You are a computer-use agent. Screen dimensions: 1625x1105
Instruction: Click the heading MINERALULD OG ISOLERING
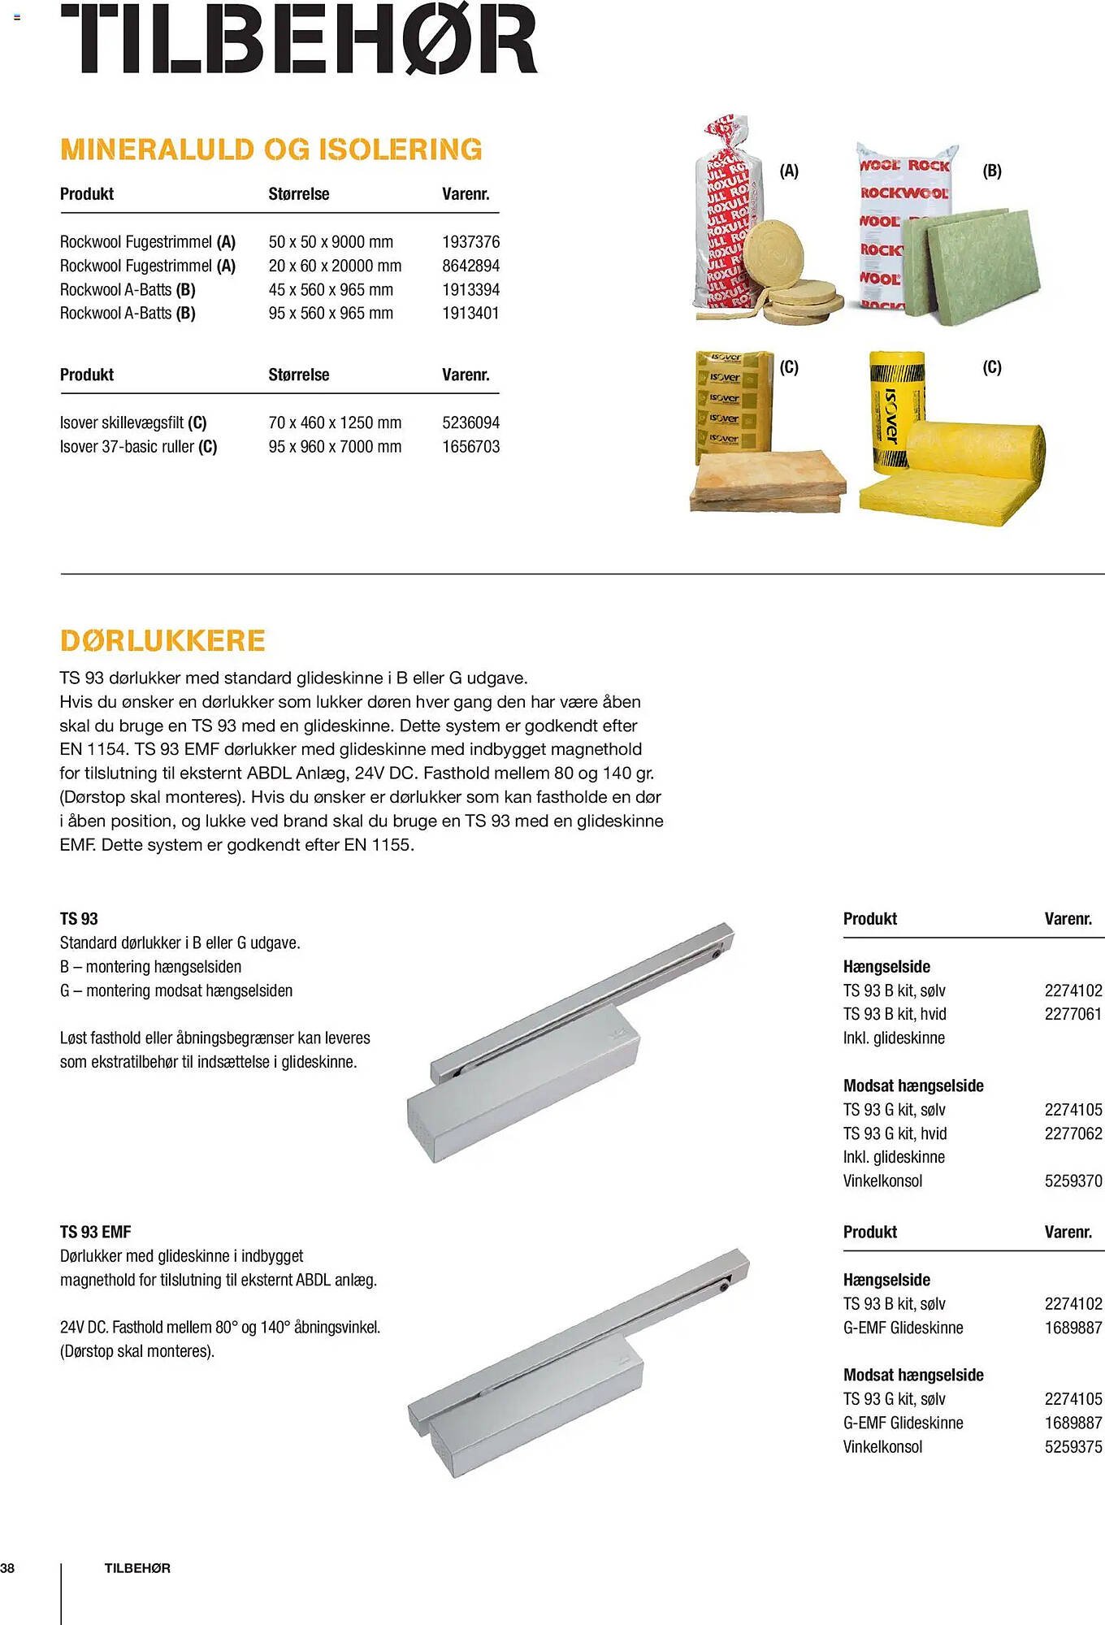coord(271,149)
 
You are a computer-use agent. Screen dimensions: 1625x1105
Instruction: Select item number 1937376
coord(470,242)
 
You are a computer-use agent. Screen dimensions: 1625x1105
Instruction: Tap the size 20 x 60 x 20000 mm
coord(335,266)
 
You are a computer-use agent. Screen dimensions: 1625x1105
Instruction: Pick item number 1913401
coord(470,314)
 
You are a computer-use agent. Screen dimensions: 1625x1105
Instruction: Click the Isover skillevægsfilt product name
coord(122,422)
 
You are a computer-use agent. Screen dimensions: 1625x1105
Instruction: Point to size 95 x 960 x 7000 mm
coord(335,447)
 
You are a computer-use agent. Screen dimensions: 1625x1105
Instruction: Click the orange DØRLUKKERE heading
coord(162,640)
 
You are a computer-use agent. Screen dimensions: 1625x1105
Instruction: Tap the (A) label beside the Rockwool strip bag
coord(789,171)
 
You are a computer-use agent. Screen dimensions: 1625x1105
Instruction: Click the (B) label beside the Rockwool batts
coord(992,171)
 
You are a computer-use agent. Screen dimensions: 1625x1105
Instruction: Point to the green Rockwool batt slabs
coord(975,264)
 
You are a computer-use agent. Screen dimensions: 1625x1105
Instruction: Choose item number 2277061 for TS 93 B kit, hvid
coord(1072,1014)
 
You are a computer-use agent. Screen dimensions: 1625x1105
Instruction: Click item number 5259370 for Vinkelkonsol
coord(1072,1181)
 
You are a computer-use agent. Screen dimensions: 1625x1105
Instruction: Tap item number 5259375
coord(1072,1447)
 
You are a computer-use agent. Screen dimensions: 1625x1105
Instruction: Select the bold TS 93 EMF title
coord(95,1233)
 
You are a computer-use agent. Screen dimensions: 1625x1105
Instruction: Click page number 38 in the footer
coord(7,1568)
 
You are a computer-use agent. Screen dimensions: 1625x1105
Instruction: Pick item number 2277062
coord(1072,1133)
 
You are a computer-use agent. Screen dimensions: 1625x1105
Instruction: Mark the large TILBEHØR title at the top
coord(299,39)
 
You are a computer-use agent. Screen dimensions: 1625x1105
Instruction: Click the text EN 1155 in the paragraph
coord(377,845)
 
